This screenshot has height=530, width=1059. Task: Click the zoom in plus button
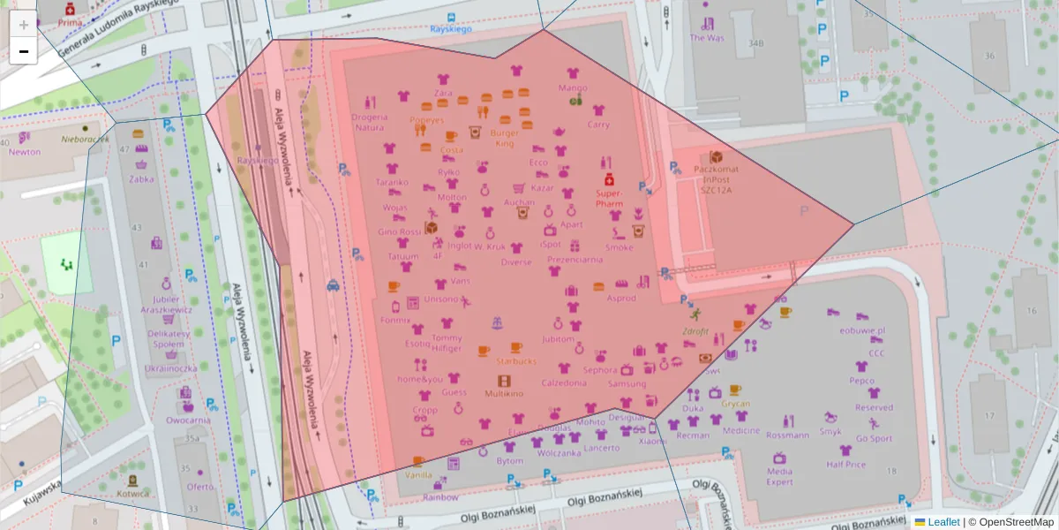(23, 25)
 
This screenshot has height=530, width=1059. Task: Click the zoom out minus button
(23, 51)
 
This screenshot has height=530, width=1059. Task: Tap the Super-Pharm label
(609, 197)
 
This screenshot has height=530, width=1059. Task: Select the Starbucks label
(516, 360)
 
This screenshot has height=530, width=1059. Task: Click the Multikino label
(504, 392)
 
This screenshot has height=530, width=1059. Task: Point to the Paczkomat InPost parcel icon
(716, 156)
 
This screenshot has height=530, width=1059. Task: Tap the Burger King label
(505, 138)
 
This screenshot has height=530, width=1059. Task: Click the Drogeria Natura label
(369, 122)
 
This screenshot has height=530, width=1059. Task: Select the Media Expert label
(779, 476)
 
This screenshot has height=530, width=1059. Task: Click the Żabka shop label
(140, 178)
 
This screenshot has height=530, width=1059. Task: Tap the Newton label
(25, 151)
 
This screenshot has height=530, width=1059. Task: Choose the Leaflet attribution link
(943, 522)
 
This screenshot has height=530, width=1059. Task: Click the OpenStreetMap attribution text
(1011, 522)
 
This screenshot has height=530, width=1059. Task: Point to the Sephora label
(600, 370)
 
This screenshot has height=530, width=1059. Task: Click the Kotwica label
(132, 494)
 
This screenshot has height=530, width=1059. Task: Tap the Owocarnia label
(188, 420)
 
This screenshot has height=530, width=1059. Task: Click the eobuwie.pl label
(862, 330)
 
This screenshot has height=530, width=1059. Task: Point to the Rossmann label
(787, 435)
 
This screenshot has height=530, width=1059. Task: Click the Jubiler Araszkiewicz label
(166, 305)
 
